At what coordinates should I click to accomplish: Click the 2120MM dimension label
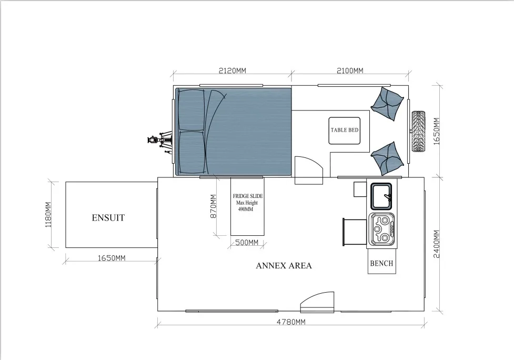tap(233, 71)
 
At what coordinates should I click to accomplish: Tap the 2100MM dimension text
tap(350, 71)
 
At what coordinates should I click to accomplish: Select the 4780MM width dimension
tap(291, 322)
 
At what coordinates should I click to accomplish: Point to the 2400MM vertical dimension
tap(437, 244)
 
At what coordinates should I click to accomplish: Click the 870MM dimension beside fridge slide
tap(213, 206)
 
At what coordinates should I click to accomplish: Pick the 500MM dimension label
tap(247, 243)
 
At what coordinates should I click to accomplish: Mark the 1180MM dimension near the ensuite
tap(48, 215)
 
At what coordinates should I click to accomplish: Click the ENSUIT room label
tap(108, 218)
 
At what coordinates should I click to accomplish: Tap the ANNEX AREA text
tap(284, 266)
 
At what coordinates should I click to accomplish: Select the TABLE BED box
tap(345, 131)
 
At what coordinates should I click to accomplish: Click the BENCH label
tap(381, 263)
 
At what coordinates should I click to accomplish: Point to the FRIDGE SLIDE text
tap(248, 196)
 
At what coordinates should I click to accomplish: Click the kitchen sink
tap(381, 196)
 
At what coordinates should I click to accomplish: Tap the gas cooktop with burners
tap(382, 229)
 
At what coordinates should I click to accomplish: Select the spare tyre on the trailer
tap(418, 131)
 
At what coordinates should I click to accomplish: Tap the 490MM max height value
tap(246, 209)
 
